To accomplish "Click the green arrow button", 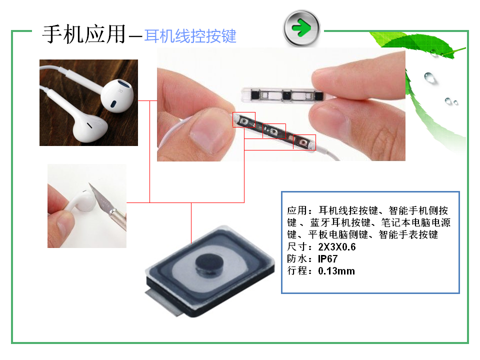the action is pos(301,28).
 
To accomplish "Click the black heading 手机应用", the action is pos(84,34).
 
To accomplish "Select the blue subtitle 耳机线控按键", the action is pos(190,36).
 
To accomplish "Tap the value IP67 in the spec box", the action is pos(327,259).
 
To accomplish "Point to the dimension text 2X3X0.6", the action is pos(336,246).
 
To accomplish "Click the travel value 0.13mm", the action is pos(336,271).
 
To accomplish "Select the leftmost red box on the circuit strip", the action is pos(244,119).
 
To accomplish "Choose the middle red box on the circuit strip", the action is pos(274,131).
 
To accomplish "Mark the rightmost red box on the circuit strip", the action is pos(304,141).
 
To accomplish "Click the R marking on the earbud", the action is pos(120,90).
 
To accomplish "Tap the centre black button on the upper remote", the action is pos(286,95).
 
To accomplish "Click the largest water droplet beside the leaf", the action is pos(429,77).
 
